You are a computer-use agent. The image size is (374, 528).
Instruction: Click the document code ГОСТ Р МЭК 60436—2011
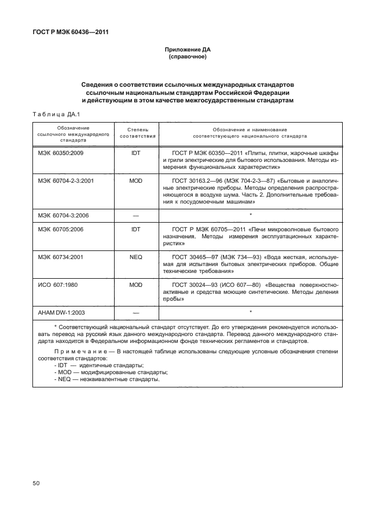69,32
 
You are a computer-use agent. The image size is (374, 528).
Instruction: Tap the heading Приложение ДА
187,50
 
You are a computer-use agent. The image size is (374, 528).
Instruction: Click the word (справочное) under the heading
187,57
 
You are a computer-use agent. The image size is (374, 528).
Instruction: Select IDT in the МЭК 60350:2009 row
137,153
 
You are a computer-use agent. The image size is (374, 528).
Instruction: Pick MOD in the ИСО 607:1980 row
137,285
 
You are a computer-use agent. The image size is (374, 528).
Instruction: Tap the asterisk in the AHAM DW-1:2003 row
250,312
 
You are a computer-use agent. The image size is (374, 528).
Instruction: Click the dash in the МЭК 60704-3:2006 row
137,215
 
